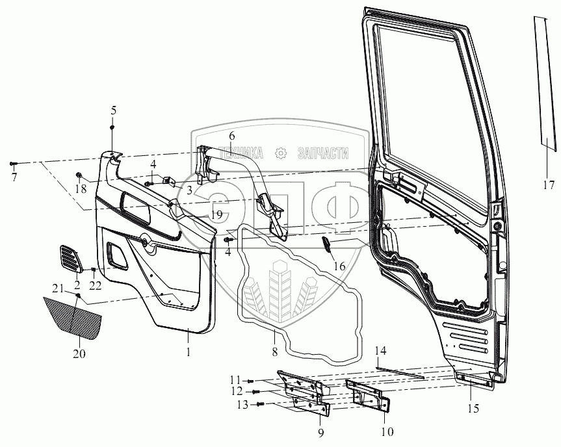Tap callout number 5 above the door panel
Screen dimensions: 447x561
point(113,110)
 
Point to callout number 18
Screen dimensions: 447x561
point(81,189)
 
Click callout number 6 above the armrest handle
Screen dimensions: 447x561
point(231,136)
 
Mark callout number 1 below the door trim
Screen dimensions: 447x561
point(189,353)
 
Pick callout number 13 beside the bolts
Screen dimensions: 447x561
point(242,405)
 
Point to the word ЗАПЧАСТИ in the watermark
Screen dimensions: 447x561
point(322,153)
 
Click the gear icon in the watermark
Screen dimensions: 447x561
point(281,153)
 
